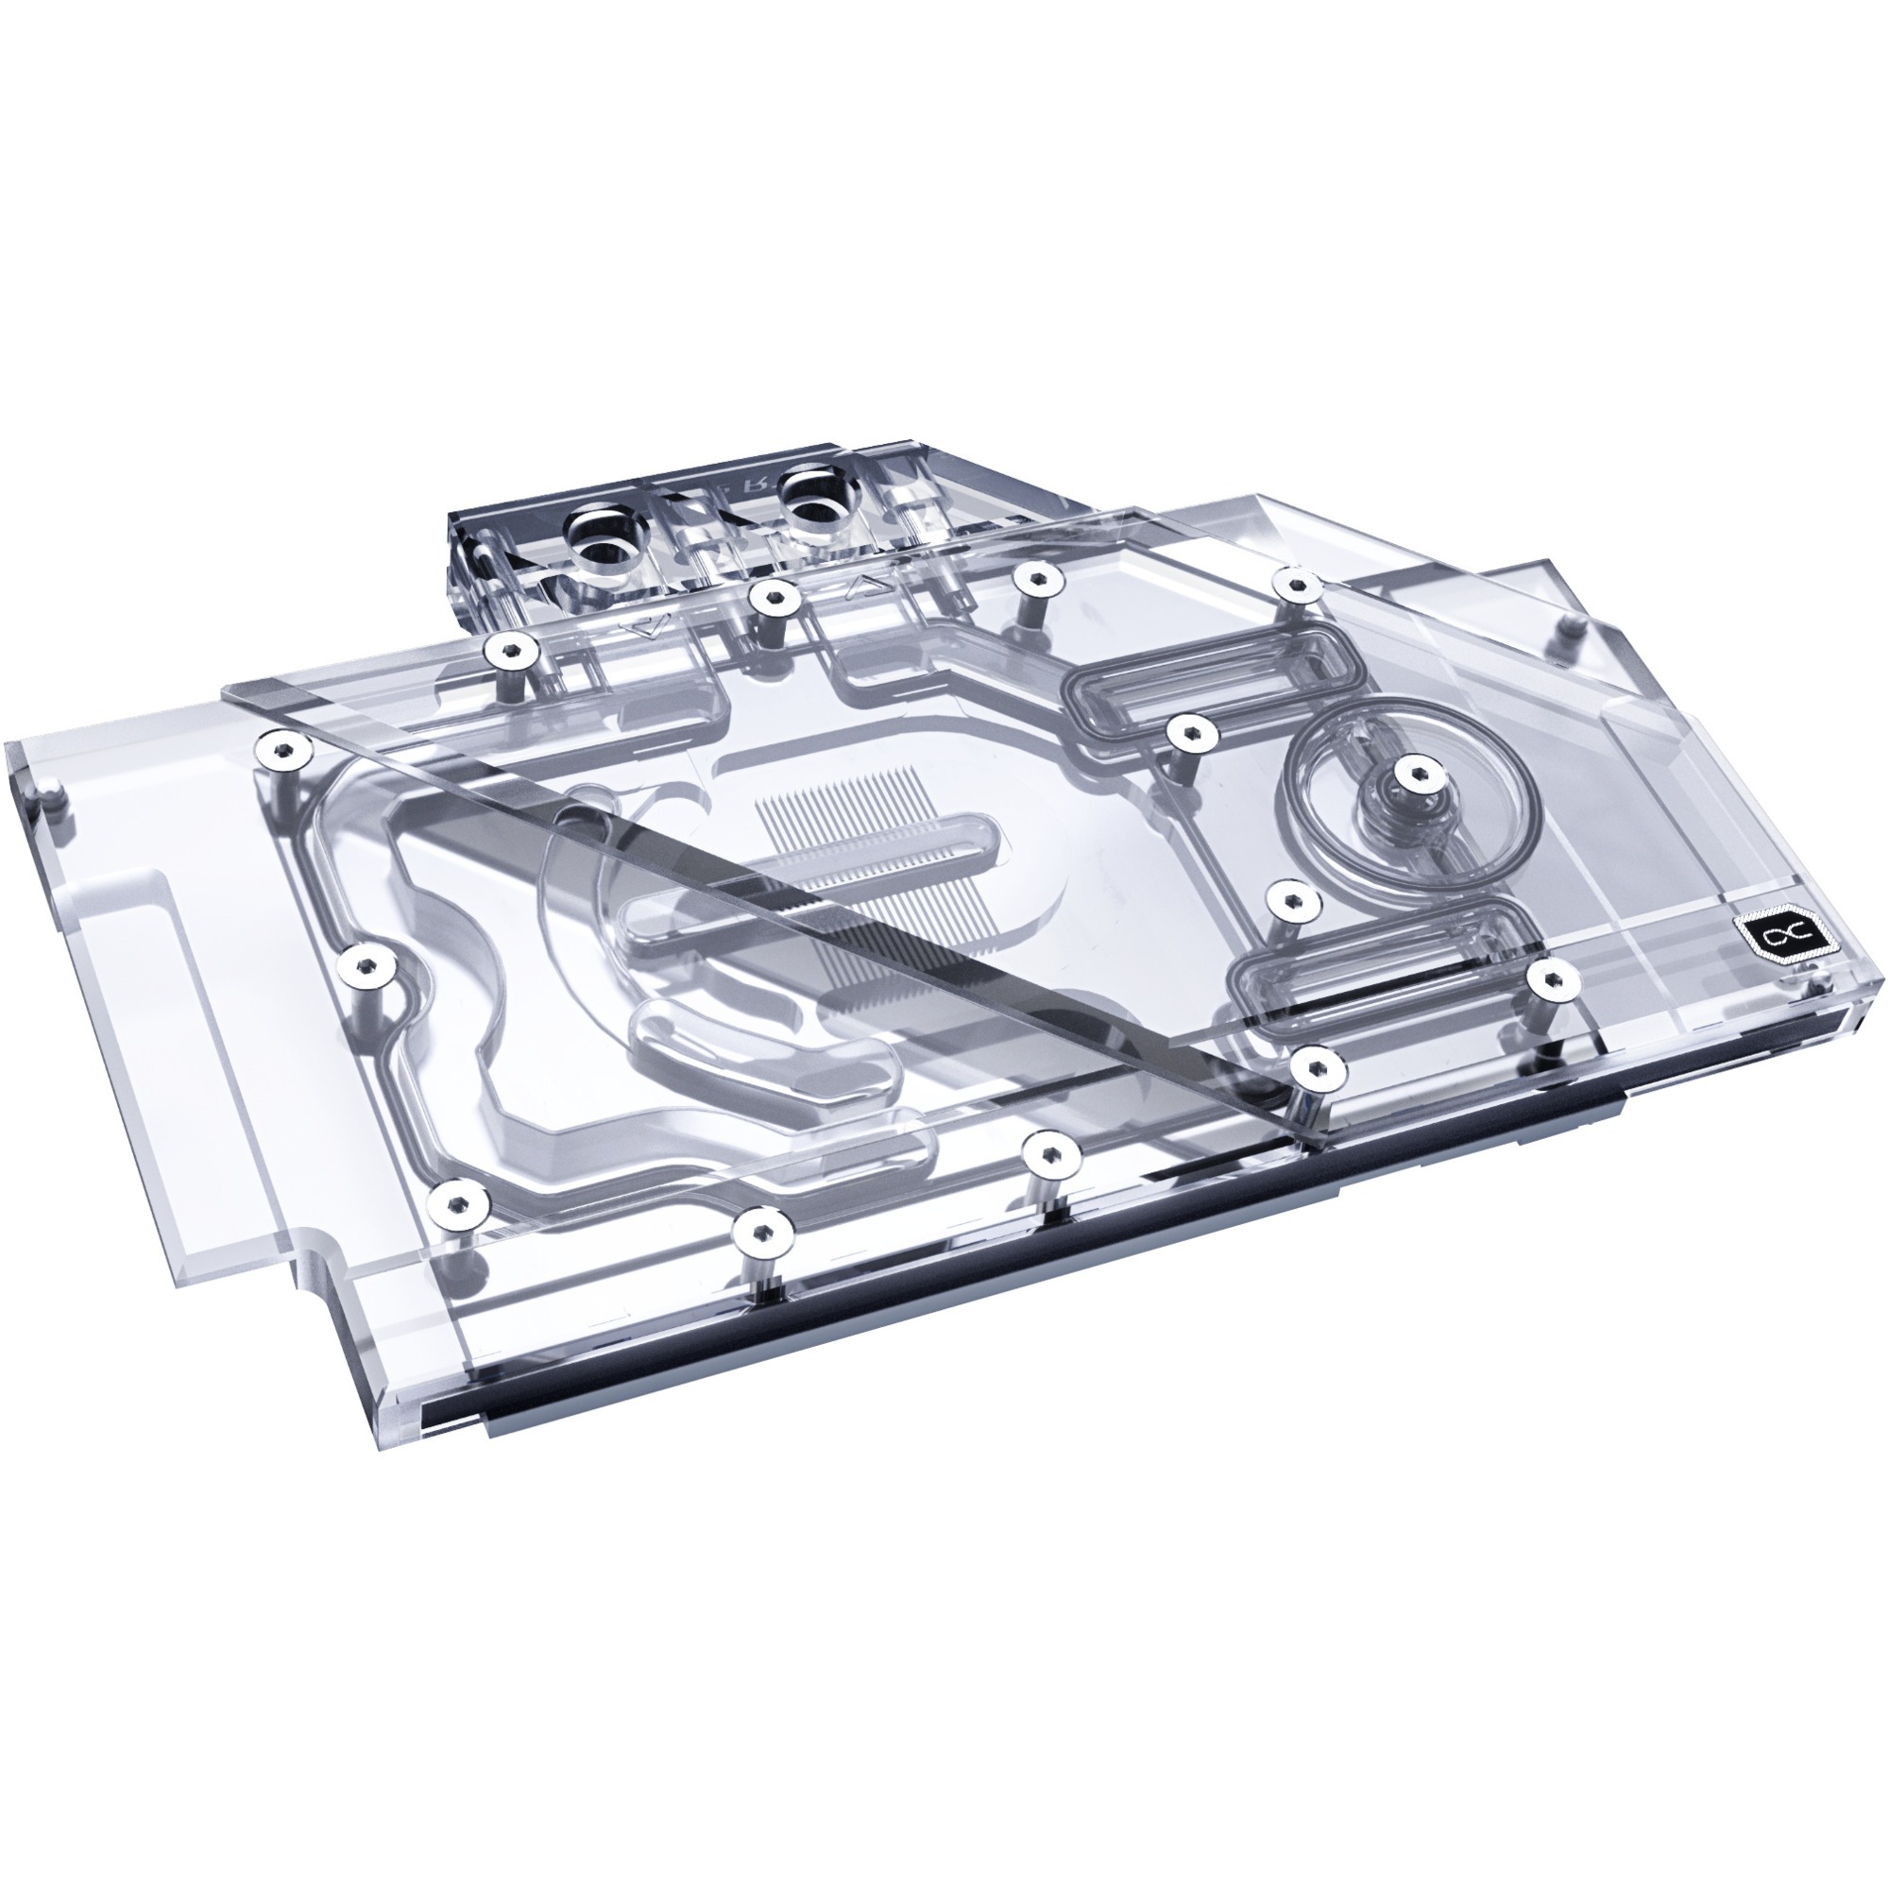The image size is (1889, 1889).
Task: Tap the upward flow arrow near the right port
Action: pyautogui.click(x=864, y=586)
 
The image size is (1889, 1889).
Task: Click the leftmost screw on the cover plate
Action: pyautogui.click(x=280, y=751)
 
